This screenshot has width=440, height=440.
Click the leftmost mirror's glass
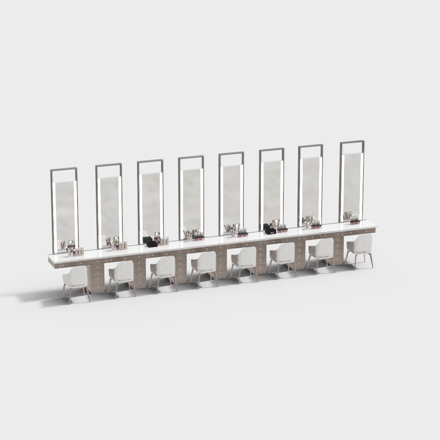click(x=65, y=211)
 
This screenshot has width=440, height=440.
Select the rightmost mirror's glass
click(x=352, y=185)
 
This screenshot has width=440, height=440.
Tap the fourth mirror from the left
click(x=191, y=198)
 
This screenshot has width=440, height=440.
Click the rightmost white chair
click(x=360, y=245)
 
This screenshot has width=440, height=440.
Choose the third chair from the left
click(x=164, y=267)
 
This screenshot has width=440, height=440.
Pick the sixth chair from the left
click(x=283, y=253)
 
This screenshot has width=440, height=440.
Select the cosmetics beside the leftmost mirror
click(x=75, y=249)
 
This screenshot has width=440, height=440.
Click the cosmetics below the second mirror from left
click(x=117, y=244)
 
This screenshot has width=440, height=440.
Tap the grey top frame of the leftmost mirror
click(x=64, y=169)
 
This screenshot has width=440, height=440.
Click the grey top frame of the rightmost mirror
click(x=352, y=142)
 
